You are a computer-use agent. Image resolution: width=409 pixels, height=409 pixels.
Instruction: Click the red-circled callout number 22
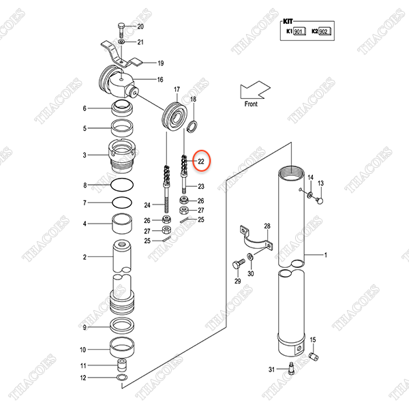tap(201, 162)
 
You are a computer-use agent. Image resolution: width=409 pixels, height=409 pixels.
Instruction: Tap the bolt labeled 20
tap(121, 30)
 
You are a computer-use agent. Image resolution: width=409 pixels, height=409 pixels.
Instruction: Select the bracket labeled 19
tap(121, 57)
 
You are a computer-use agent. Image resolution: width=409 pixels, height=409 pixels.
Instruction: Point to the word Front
tap(251, 104)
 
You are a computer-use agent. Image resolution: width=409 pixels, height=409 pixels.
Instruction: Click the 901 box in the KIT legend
tap(299, 31)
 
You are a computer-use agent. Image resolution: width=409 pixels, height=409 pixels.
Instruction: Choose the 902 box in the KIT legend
tap(324, 31)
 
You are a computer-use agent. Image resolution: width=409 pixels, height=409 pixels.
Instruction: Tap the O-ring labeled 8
tap(122, 185)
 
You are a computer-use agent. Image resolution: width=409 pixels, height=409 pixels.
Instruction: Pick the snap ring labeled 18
tap(192, 125)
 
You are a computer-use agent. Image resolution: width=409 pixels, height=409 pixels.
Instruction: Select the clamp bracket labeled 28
tap(256, 239)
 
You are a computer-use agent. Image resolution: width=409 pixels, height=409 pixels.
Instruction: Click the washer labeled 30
tap(250, 256)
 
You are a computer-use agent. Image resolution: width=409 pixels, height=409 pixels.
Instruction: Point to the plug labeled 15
tap(314, 357)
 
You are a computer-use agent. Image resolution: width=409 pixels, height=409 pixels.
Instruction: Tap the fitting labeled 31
tap(291, 368)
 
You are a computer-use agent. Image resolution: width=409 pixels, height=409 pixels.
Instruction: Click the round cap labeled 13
tap(320, 200)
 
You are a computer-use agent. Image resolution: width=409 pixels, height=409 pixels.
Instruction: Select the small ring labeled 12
tap(122, 377)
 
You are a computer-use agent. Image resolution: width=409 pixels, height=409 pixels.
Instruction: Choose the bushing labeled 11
tap(122, 365)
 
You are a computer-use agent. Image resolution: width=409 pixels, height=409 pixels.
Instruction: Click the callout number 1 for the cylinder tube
tap(326, 255)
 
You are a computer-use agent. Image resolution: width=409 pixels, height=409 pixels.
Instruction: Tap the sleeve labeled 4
tap(121, 224)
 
